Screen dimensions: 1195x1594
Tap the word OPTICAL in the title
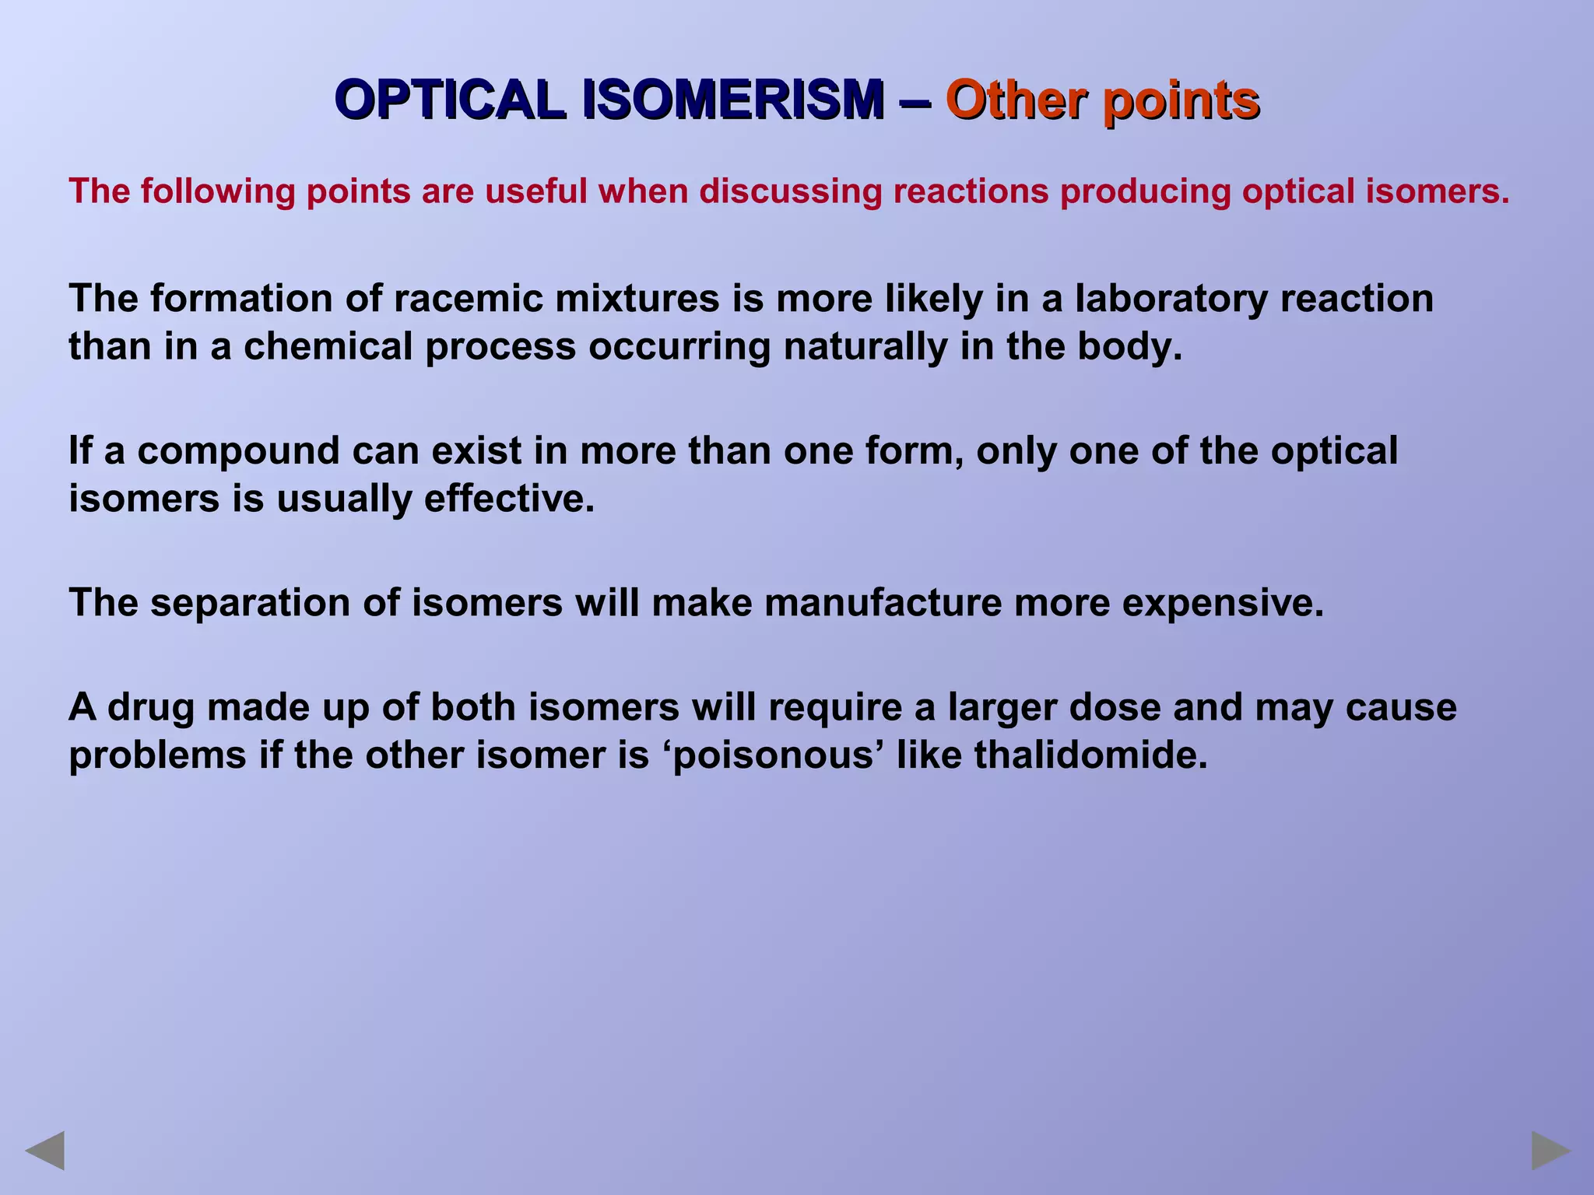coord(451,101)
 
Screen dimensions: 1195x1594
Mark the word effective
coord(509,498)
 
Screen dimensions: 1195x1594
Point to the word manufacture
coord(883,603)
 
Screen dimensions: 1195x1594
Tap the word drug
coord(151,708)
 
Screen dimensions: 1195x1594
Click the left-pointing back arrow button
coord(45,1151)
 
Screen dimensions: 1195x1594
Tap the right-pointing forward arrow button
coord(1550,1151)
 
